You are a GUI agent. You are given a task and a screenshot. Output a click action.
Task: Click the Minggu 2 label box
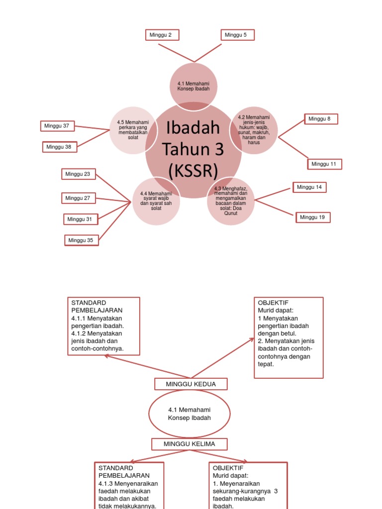pyautogui.click(x=162, y=35)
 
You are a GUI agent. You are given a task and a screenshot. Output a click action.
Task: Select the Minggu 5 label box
pyautogui.click(x=237, y=35)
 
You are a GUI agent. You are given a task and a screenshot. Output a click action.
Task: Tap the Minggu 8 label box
pyautogui.click(x=321, y=119)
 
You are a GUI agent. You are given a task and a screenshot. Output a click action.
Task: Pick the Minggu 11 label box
pyautogui.click(x=325, y=164)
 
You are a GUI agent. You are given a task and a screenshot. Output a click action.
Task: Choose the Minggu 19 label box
pyautogui.click(x=313, y=217)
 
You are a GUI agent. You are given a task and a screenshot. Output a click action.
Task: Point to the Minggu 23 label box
pyautogui.click(x=79, y=174)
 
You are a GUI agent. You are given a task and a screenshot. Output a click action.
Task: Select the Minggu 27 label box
pyautogui.click(x=79, y=198)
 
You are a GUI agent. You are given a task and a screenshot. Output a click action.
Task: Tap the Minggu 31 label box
pyautogui.click(x=81, y=219)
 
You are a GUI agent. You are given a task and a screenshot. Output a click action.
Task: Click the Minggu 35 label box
pyautogui.click(x=82, y=241)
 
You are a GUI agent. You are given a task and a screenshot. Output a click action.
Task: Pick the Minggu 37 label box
pyautogui.click(x=57, y=126)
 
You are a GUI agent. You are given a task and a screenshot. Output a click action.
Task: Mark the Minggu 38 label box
pyautogui.click(x=60, y=147)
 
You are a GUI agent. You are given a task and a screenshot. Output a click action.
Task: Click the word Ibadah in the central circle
pyautogui.click(x=193, y=128)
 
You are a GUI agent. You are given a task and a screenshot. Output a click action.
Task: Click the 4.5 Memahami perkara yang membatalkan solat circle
pyautogui.click(x=132, y=130)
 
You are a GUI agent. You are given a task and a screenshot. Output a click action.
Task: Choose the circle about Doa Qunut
pyautogui.click(x=231, y=201)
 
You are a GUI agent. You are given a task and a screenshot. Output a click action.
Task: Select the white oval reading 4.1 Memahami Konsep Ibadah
pyautogui.click(x=190, y=414)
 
